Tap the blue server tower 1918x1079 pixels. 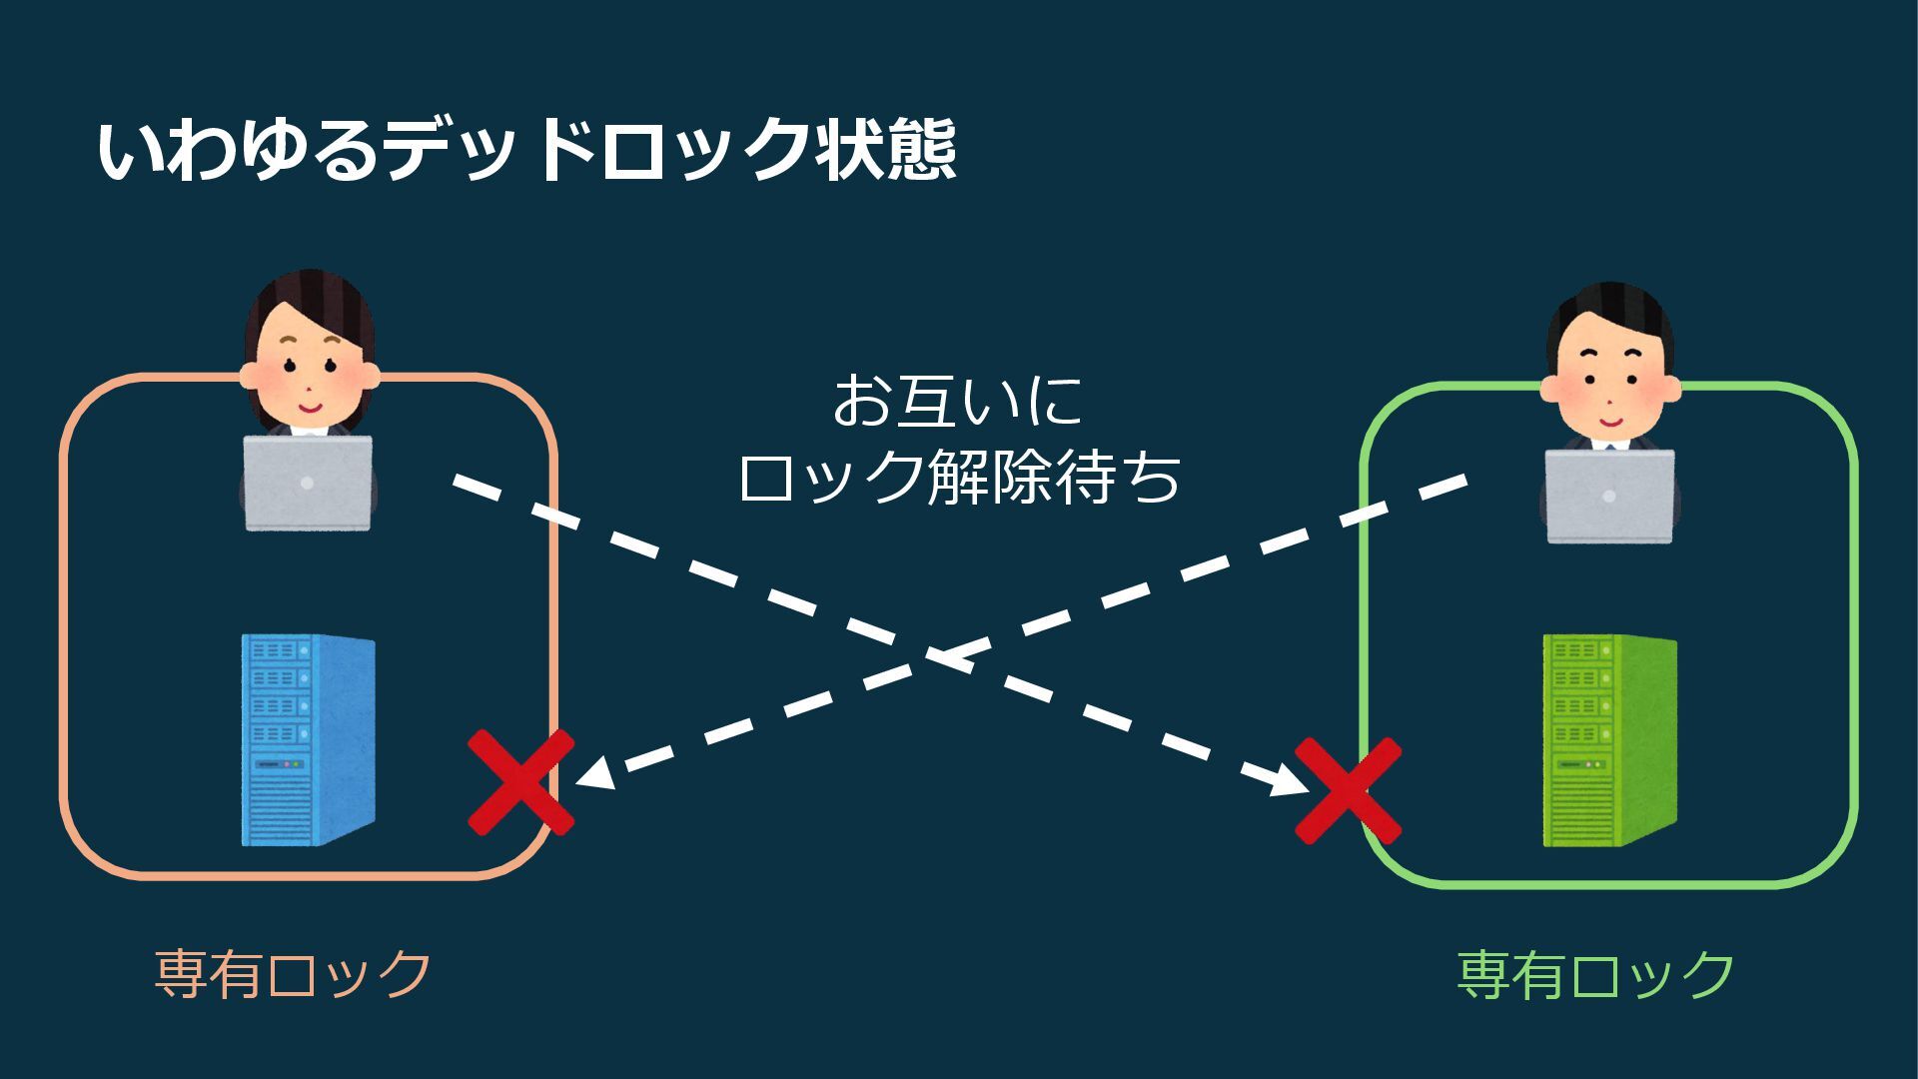[x=308, y=740]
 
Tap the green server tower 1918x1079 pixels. [x=1609, y=740]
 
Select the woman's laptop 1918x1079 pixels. [x=308, y=484]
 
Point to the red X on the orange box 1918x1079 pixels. [x=521, y=781]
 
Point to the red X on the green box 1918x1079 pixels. [x=1348, y=790]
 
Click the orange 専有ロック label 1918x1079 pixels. [x=293, y=974]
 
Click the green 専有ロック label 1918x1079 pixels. [x=1595, y=974]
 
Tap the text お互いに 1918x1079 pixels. [x=958, y=402]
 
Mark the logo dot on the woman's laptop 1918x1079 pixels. [x=308, y=484]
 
